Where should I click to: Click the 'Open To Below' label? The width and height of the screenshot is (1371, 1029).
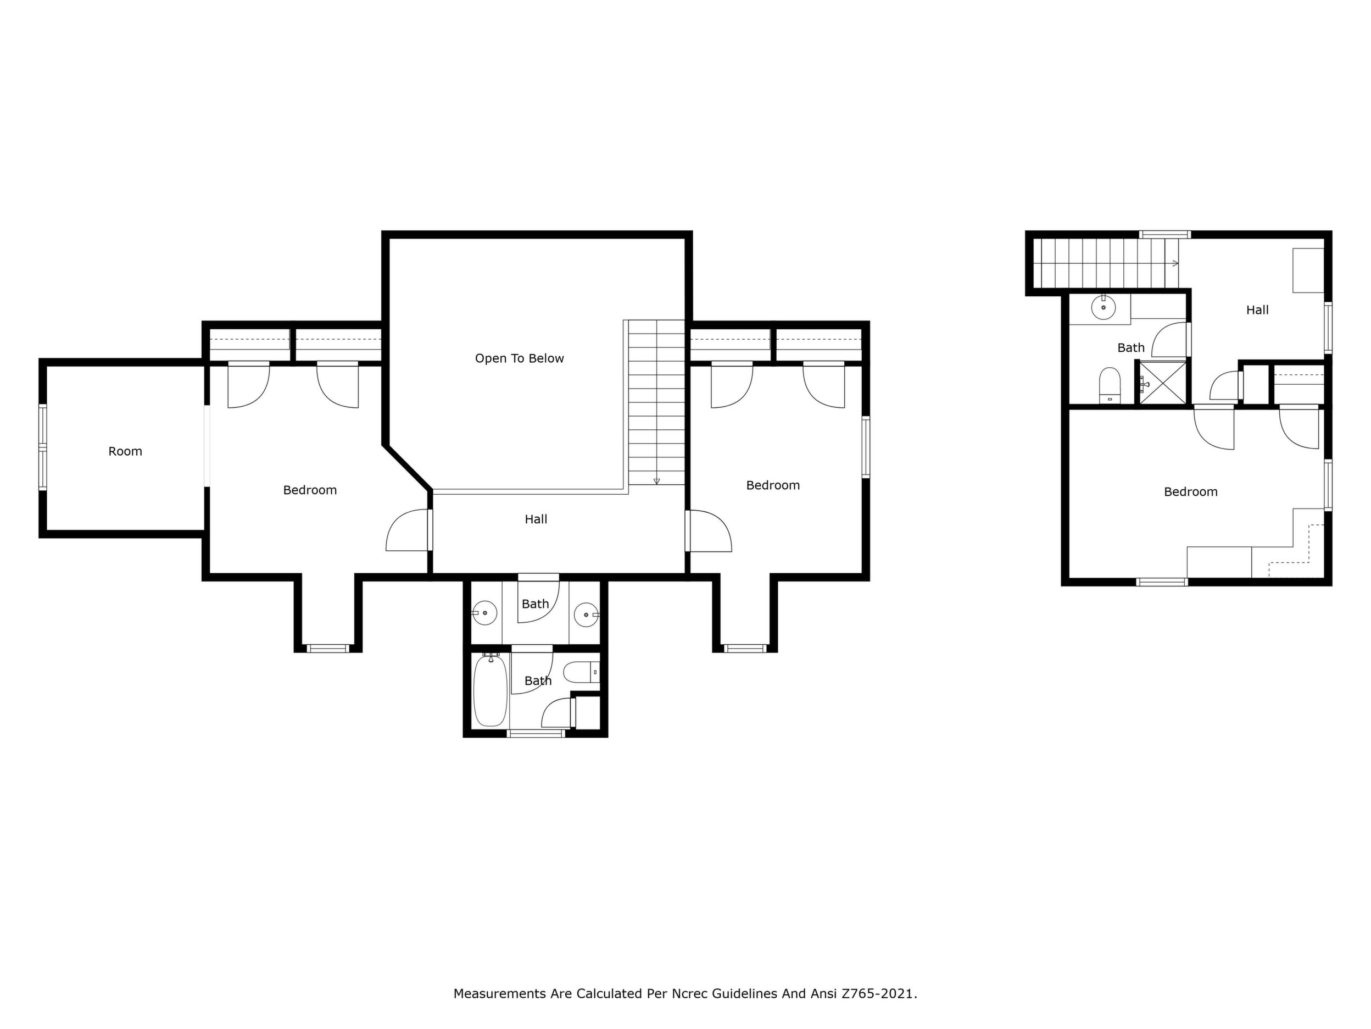point(520,358)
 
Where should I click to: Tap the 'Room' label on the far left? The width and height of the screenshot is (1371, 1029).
point(125,451)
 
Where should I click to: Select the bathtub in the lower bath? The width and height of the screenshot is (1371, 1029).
point(491,691)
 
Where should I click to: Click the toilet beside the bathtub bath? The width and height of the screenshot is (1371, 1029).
point(581,671)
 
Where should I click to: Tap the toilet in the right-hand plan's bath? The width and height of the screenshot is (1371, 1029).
point(1110,385)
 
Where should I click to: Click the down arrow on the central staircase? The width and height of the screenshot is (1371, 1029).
point(656,482)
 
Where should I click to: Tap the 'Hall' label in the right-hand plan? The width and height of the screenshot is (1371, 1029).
point(1258,310)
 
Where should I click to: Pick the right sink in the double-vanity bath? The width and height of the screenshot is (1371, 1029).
point(586,615)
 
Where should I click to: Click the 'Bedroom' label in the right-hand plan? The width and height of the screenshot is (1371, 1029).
point(1191,492)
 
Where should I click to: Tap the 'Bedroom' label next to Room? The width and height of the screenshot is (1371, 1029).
point(310,490)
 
